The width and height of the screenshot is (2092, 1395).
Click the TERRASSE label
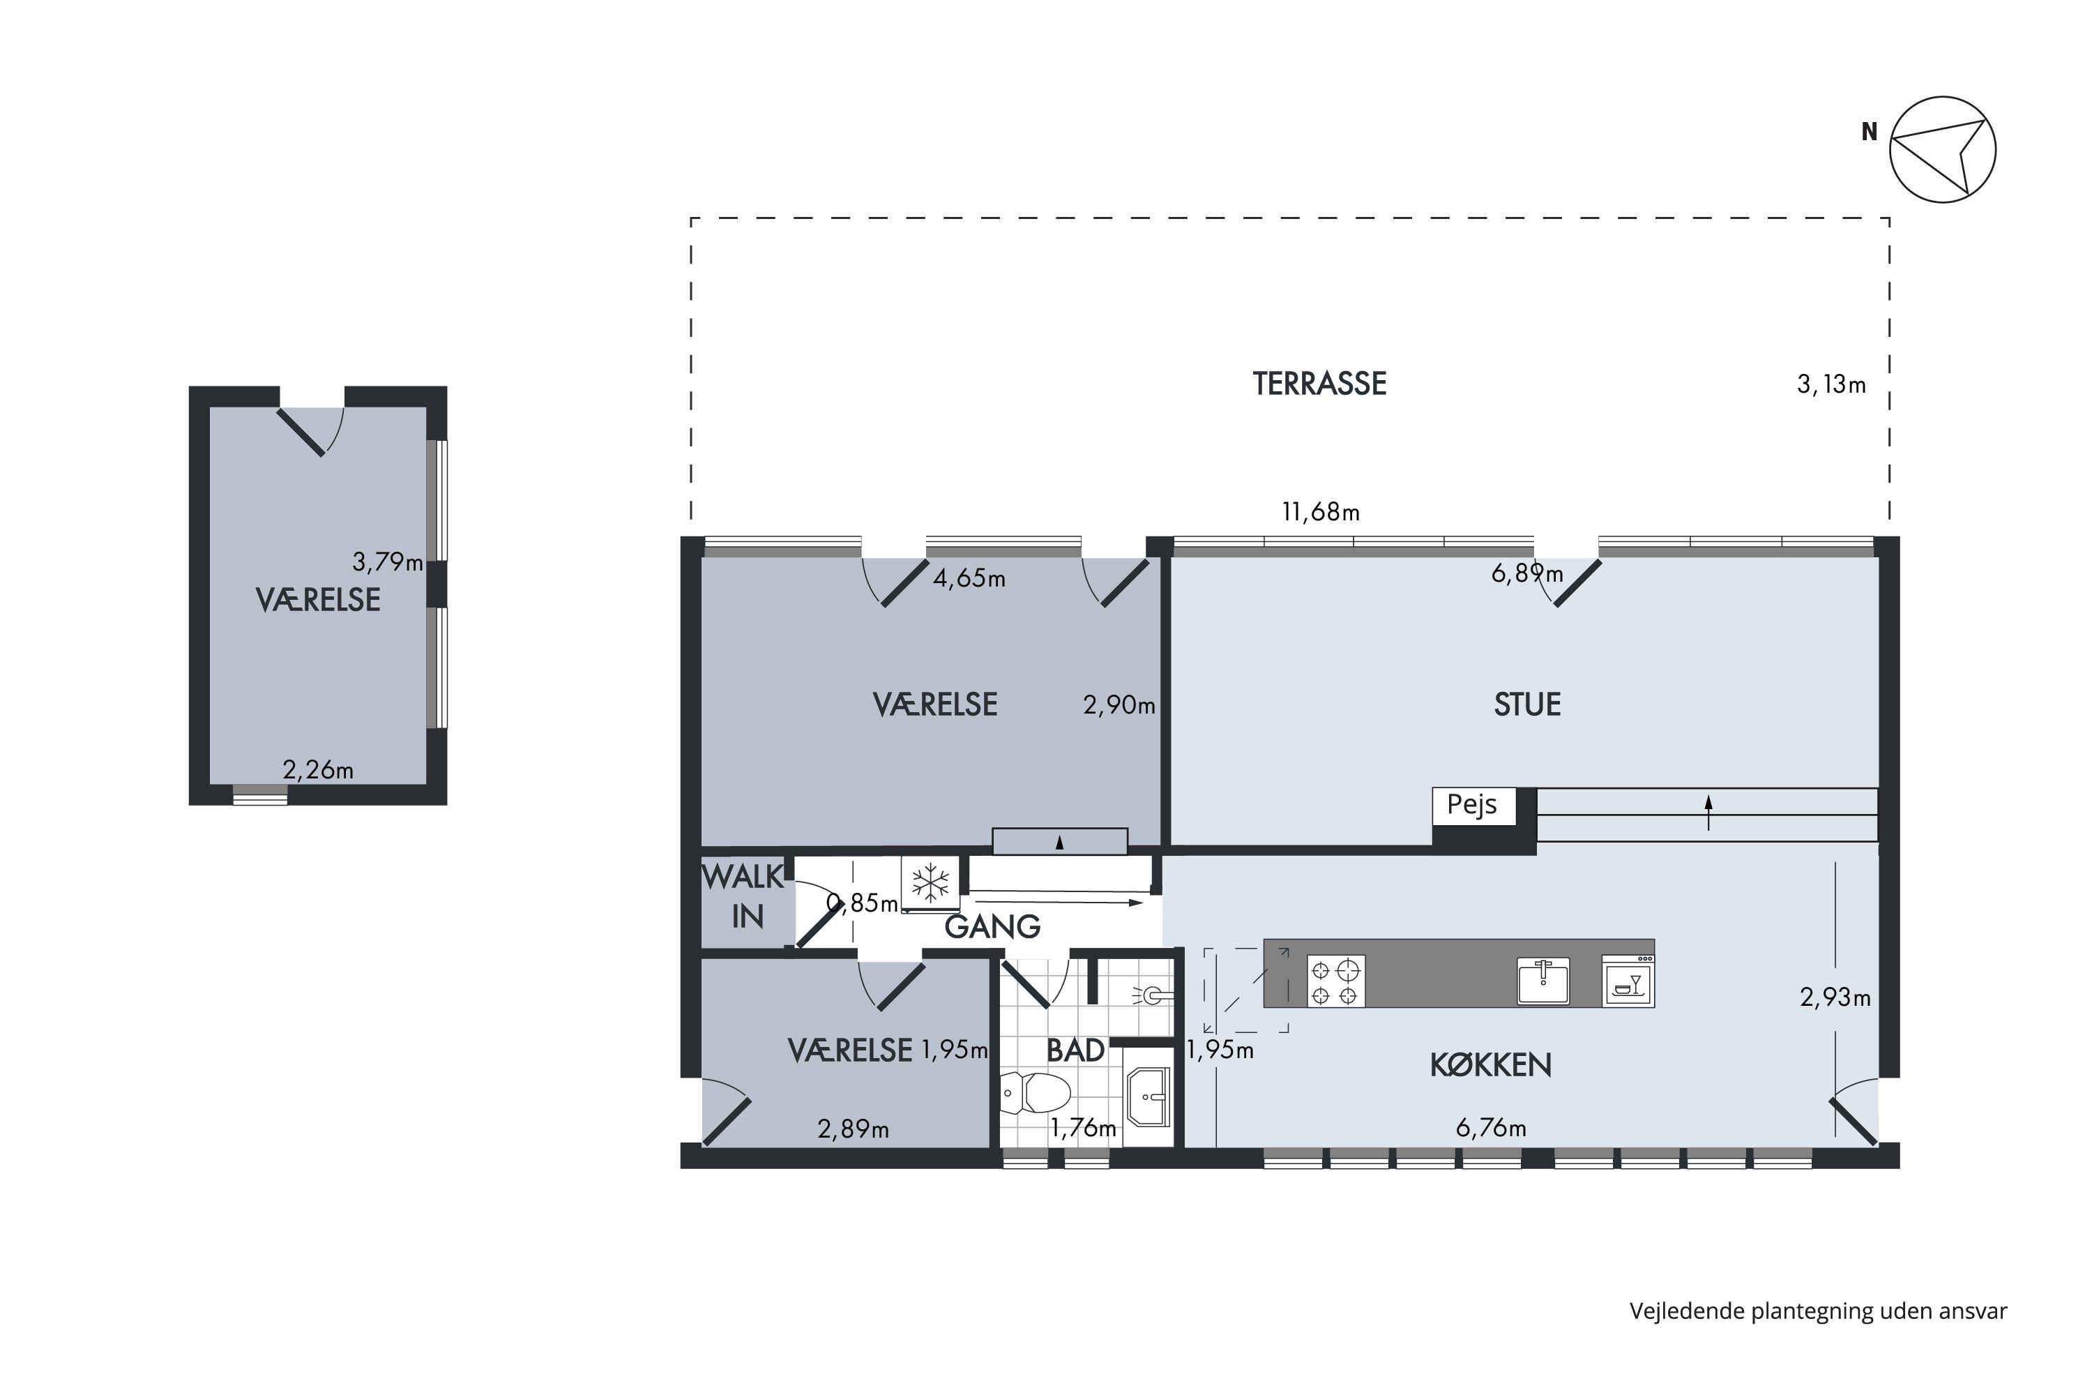1319,384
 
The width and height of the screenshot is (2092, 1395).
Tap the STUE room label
1527,704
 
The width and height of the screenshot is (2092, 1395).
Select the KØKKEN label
1491,1065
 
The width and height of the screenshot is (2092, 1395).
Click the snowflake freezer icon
930,884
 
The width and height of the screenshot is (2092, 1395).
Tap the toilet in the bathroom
1034,1092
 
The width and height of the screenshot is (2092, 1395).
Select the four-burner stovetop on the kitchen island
1335,981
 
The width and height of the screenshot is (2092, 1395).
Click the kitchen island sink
1543,981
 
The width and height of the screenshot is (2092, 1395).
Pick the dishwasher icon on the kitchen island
1628,981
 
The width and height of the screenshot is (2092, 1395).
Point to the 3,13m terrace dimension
1831,384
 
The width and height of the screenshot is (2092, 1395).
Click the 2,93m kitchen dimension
1835,997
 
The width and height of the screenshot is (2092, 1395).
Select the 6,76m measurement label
1491,1128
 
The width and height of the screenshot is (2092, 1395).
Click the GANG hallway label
992,927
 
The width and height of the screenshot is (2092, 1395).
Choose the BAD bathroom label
1075,1050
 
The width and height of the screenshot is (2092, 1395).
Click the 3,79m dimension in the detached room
388,562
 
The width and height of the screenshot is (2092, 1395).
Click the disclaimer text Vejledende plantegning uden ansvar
1818,1311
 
